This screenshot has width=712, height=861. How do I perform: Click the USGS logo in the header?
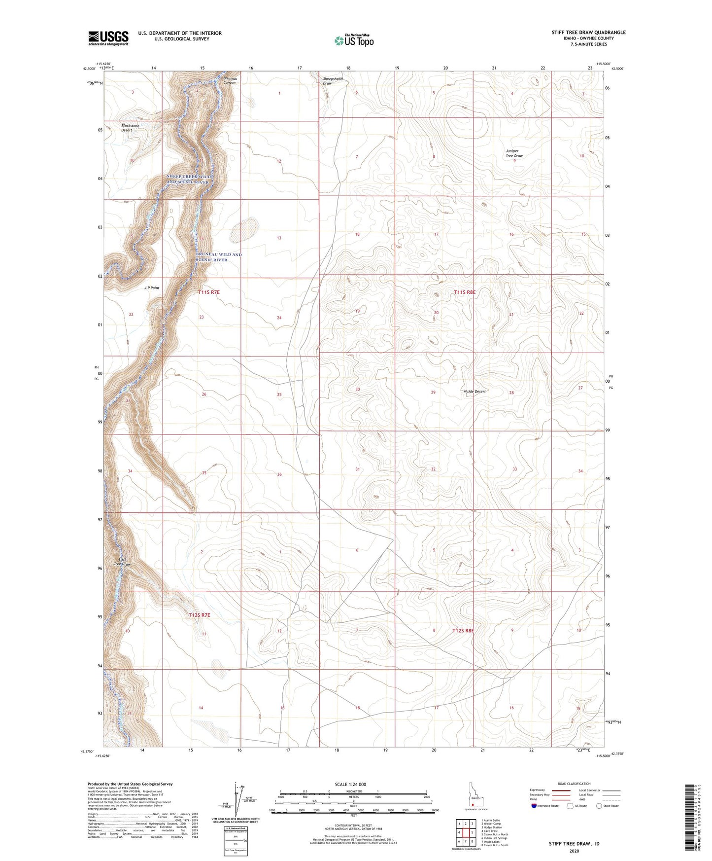[x=108, y=38]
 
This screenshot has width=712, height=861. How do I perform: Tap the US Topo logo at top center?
[x=354, y=40]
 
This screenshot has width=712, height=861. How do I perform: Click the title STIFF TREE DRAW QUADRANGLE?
[x=588, y=33]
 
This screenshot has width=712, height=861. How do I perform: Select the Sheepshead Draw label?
[x=332, y=81]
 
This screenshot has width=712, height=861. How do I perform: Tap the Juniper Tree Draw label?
[x=514, y=153]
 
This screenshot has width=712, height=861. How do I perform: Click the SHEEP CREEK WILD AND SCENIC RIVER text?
[x=189, y=179]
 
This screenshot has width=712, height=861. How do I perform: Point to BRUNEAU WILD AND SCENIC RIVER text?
[x=218, y=257]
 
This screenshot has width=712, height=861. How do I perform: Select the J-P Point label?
[x=152, y=287]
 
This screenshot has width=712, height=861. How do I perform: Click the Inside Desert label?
[x=475, y=392]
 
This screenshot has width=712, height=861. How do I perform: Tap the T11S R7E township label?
[x=209, y=292]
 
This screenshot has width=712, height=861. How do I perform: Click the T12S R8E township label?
[x=463, y=631]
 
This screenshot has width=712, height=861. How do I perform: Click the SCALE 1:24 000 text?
[x=350, y=784]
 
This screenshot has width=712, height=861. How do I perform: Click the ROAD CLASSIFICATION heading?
[x=574, y=784]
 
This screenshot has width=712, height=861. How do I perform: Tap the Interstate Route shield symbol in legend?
[x=534, y=806]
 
